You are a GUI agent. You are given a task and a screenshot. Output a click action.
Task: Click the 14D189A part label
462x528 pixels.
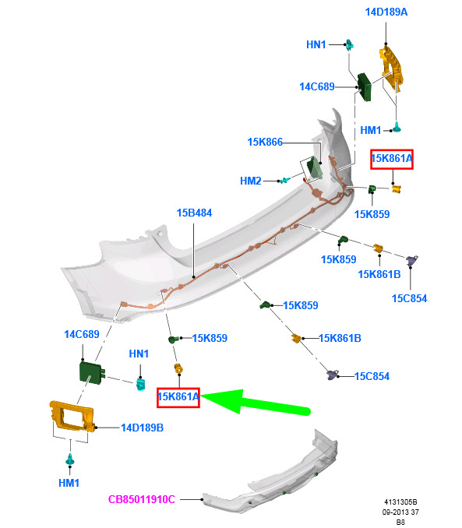pyautogui.click(x=386, y=12)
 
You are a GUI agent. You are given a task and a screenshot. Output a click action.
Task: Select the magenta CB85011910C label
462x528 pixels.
pyautogui.click(x=142, y=499)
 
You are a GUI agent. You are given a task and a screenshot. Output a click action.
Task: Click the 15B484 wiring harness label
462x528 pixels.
pyautogui.click(x=194, y=213)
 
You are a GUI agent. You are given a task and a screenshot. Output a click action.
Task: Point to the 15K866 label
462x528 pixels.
pyautogui.click(x=265, y=142)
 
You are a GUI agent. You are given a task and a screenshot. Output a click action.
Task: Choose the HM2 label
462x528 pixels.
pyautogui.click(x=250, y=181)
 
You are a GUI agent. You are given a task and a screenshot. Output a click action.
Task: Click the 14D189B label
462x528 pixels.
pyautogui.click(x=143, y=428)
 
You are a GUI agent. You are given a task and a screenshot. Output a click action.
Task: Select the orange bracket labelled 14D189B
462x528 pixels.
pyautogui.click(x=72, y=416)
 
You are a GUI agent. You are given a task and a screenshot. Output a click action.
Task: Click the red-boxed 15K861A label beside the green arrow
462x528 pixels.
pyautogui.click(x=178, y=397)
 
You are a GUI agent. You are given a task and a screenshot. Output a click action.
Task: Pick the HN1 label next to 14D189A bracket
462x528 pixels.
pyautogui.click(x=316, y=44)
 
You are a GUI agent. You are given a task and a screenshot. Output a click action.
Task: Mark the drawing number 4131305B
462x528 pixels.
pyautogui.click(x=400, y=502)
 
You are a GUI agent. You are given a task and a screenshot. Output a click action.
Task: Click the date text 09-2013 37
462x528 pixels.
pyautogui.click(x=400, y=512)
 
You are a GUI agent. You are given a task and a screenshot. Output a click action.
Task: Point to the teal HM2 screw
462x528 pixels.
pyautogui.click(x=285, y=180)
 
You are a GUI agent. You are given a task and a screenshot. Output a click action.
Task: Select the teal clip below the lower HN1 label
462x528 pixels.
pyautogui.click(x=140, y=384)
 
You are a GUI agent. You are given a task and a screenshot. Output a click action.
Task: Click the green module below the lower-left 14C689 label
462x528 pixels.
pyautogui.click(x=92, y=372)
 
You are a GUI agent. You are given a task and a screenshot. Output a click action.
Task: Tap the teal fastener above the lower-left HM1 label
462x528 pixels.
pyautogui.click(x=70, y=459)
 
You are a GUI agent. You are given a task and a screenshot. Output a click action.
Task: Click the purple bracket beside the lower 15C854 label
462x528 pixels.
pyautogui.click(x=332, y=375)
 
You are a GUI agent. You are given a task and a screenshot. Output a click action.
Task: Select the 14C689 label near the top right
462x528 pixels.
pyautogui.click(x=317, y=87)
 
